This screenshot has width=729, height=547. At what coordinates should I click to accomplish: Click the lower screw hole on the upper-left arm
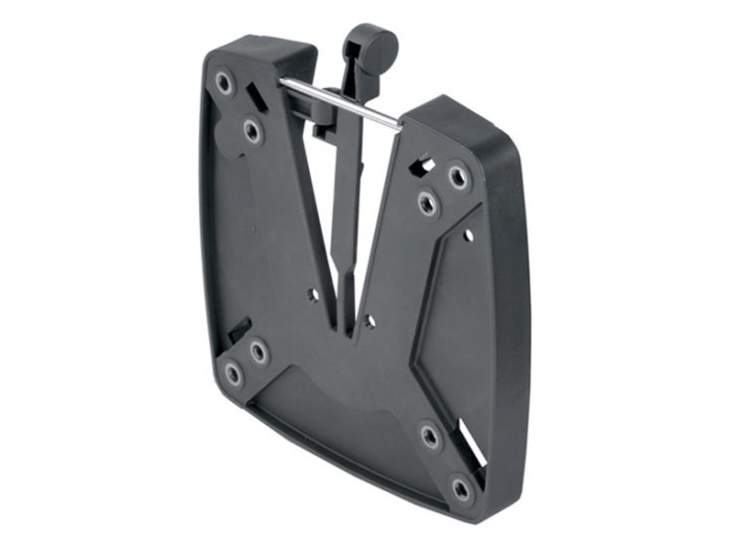pyautogui.click(x=252, y=131)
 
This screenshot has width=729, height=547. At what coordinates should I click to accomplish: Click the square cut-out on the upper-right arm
pyautogui.click(x=425, y=160)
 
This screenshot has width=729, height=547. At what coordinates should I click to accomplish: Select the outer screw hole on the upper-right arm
pyautogui.click(x=457, y=178)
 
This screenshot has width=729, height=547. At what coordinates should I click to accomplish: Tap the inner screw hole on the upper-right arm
pyautogui.click(x=427, y=204)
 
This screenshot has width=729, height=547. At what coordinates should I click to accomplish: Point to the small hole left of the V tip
pyautogui.click(x=315, y=295)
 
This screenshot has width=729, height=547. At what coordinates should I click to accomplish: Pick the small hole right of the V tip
pyautogui.click(x=368, y=320)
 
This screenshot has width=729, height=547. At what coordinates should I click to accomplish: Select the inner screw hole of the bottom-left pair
pyautogui.click(x=258, y=350)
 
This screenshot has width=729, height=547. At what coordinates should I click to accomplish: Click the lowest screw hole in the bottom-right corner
pyautogui.click(x=461, y=487)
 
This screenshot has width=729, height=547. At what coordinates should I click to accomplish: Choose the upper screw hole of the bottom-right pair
pyautogui.click(x=430, y=436)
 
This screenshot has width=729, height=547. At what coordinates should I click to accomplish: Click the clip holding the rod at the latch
pyautogui.click(x=324, y=124)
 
